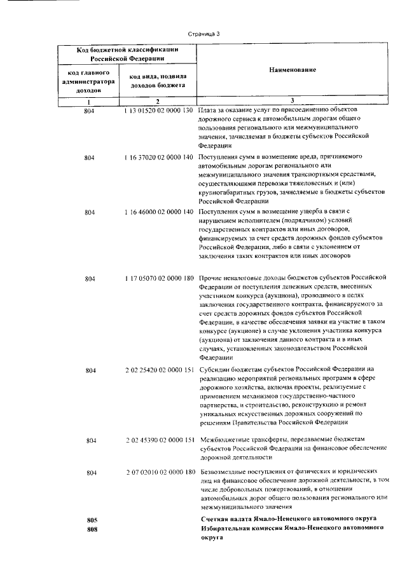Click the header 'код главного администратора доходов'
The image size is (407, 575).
(89, 82)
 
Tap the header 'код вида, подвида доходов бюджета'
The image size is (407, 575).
(157, 80)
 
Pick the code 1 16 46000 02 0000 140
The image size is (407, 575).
(158, 212)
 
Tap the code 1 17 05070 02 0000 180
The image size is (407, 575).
(158, 278)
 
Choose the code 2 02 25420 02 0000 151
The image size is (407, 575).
(158, 369)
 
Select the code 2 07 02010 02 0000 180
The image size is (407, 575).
(158, 473)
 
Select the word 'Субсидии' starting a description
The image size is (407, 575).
(214, 369)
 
